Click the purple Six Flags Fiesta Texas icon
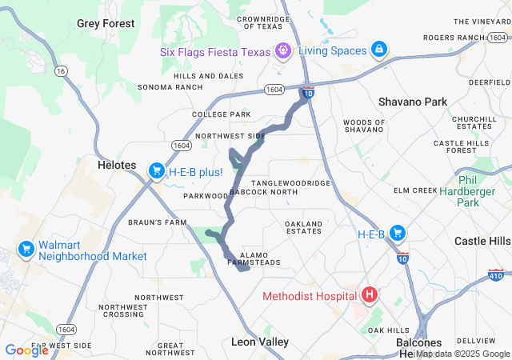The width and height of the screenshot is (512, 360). tap(282, 50)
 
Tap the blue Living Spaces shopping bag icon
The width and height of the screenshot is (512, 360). tap(378, 50)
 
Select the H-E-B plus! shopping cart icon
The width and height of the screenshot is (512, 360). tap(157, 171)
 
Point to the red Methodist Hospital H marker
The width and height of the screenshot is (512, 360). tap(370, 296)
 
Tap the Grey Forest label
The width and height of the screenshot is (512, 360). tap(106, 23)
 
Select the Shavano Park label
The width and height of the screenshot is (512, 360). tap(412, 102)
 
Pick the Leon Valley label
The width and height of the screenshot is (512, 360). tap(260, 342)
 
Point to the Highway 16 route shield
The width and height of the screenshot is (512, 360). tap(60, 71)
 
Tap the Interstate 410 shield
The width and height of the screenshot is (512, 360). tap(495, 276)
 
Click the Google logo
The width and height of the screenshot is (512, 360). tap(26, 350)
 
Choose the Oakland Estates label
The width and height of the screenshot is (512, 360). tap(302, 226)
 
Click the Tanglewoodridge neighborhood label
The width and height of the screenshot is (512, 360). tap(290, 183)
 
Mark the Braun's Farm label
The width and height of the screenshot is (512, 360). tap(157, 222)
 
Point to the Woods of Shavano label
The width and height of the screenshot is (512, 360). tap(363, 125)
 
